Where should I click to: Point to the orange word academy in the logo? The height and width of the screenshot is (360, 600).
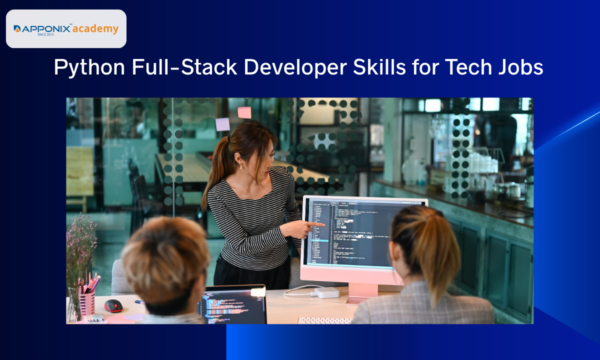click(95, 29)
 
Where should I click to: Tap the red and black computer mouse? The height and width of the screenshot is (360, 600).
click(113, 305)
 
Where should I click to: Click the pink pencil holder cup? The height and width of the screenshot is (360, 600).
click(86, 302)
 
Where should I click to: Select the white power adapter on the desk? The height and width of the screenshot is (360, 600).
click(327, 292)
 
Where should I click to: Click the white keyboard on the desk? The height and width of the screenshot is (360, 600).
click(325, 320)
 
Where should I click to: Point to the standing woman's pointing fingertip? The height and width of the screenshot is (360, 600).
click(323, 225)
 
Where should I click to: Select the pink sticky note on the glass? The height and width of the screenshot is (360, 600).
click(244, 112)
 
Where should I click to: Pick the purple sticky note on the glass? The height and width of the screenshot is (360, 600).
click(222, 124)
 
